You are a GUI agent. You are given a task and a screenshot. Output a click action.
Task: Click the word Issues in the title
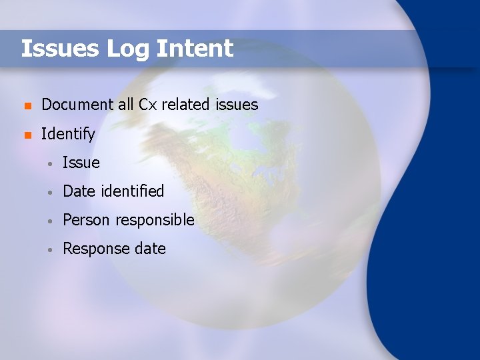(60, 49)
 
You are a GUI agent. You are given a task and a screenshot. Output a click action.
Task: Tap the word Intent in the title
(195, 49)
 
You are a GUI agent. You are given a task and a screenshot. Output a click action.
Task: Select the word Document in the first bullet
(77, 105)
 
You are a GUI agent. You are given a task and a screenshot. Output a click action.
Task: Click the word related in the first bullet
(186, 105)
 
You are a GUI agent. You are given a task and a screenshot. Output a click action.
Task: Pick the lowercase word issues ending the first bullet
(237, 105)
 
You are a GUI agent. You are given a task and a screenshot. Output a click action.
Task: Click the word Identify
(68, 134)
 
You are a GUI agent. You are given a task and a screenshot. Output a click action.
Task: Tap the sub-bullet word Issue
(81, 163)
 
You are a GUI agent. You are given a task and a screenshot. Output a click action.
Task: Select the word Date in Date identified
(79, 191)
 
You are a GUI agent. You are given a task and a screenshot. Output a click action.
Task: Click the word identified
(133, 191)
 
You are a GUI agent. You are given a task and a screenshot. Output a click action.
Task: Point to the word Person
(87, 220)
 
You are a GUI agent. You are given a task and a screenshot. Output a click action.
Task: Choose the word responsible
(155, 220)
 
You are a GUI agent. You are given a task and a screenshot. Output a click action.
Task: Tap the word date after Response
(150, 249)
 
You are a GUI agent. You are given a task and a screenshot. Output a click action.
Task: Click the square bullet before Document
(26, 105)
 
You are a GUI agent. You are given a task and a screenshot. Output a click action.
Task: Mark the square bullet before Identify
(26, 135)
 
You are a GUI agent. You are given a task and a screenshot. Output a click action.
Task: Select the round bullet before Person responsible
(49, 221)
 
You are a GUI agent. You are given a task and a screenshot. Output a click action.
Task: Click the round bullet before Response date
(49, 249)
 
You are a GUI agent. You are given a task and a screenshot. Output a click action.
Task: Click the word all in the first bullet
(126, 105)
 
